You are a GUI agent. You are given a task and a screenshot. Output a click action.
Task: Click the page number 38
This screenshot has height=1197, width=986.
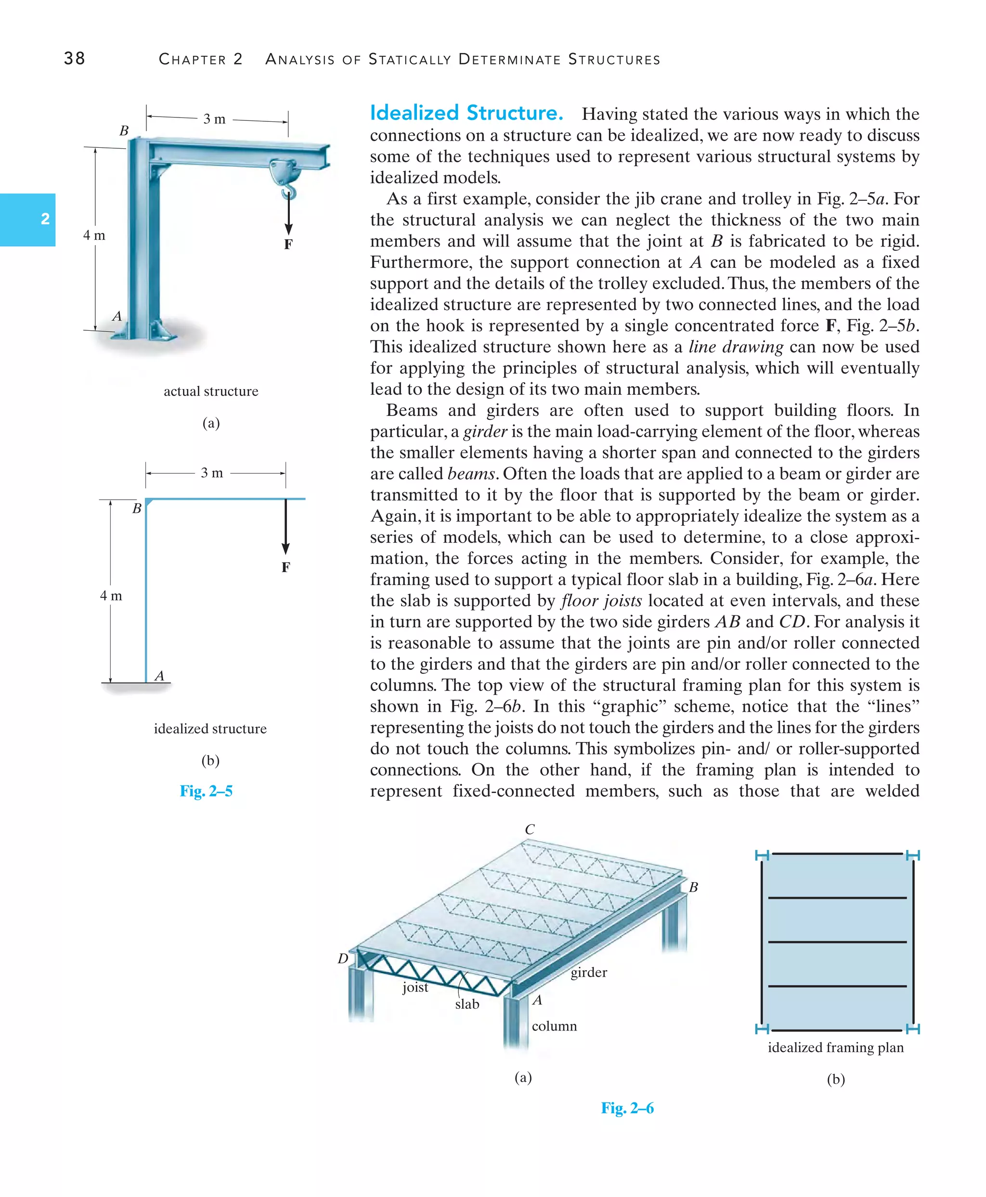click(75, 59)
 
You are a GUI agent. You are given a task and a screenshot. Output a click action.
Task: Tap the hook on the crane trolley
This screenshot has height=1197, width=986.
click(288, 190)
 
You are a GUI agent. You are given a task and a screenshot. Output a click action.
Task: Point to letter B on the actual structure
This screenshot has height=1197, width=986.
click(124, 130)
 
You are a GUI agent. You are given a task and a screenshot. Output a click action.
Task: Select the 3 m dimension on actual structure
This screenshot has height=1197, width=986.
click(215, 119)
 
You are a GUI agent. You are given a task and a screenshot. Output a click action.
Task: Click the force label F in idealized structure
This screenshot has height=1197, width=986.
click(285, 567)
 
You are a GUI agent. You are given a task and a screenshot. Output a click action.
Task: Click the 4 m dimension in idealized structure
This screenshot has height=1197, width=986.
click(111, 596)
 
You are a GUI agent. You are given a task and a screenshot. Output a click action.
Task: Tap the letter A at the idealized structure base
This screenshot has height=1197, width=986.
click(160, 676)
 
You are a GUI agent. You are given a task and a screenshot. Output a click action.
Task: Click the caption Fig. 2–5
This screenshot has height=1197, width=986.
click(206, 791)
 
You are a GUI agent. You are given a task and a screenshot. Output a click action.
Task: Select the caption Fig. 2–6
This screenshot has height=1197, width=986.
click(628, 1108)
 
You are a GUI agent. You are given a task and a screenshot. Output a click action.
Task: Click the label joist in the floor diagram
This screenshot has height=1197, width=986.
click(415, 988)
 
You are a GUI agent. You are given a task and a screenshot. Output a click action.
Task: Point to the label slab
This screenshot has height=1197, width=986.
click(467, 1004)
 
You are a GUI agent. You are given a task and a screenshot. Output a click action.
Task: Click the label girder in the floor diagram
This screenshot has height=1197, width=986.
click(589, 972)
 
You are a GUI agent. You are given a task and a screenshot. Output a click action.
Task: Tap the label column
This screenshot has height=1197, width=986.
click(554, 1026)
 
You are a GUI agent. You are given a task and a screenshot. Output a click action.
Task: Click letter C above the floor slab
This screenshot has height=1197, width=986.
click(530, 830)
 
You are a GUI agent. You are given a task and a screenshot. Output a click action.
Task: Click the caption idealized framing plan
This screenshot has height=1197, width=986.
click(835, 1047)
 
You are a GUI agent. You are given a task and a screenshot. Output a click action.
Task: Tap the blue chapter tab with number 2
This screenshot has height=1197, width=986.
click(28, 219)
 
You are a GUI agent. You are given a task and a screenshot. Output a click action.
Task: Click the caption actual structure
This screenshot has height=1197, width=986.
click(211, 391)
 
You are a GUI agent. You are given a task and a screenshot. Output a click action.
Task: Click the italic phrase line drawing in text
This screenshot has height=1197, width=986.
click(736, 347)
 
